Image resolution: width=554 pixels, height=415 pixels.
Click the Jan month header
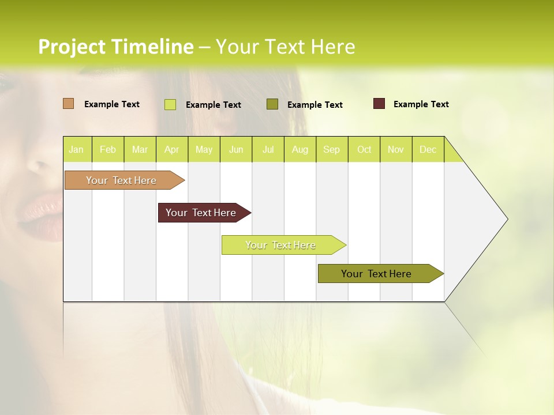[x=76, y=149]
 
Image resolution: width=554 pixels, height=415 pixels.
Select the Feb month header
[x=108, y=149]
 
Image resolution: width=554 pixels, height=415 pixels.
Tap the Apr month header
[x=172, y=149]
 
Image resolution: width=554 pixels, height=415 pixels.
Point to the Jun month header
[x=236, y=149]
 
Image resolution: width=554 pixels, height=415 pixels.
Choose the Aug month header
[x=300, y=149]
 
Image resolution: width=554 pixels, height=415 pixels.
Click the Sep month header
[x=332, y=149]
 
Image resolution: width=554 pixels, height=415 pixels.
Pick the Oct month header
[x=364, y=149]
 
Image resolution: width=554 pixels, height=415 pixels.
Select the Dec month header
[x=428, y=149]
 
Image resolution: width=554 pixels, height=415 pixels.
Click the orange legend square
[x=68, y=104]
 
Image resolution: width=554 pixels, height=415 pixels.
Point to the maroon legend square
[x=379, y=104]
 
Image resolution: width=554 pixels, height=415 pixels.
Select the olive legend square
[x=272, y=104]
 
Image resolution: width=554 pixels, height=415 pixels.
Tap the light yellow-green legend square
[x=170, y=104]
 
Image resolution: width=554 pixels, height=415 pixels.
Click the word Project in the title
[x=72, y=47]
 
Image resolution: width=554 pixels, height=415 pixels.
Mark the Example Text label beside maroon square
[x=421, y=104]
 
